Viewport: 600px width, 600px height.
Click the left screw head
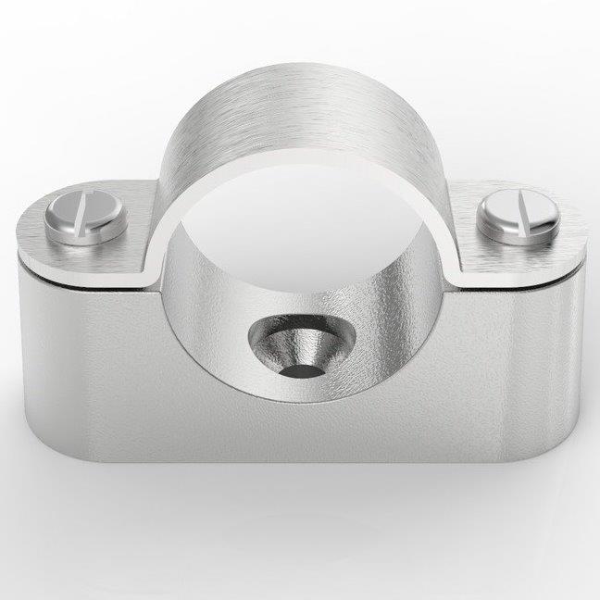coord(88,219)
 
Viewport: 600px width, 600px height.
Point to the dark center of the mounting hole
coord(294,369)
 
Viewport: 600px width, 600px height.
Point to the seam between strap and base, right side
coord(519,278)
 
